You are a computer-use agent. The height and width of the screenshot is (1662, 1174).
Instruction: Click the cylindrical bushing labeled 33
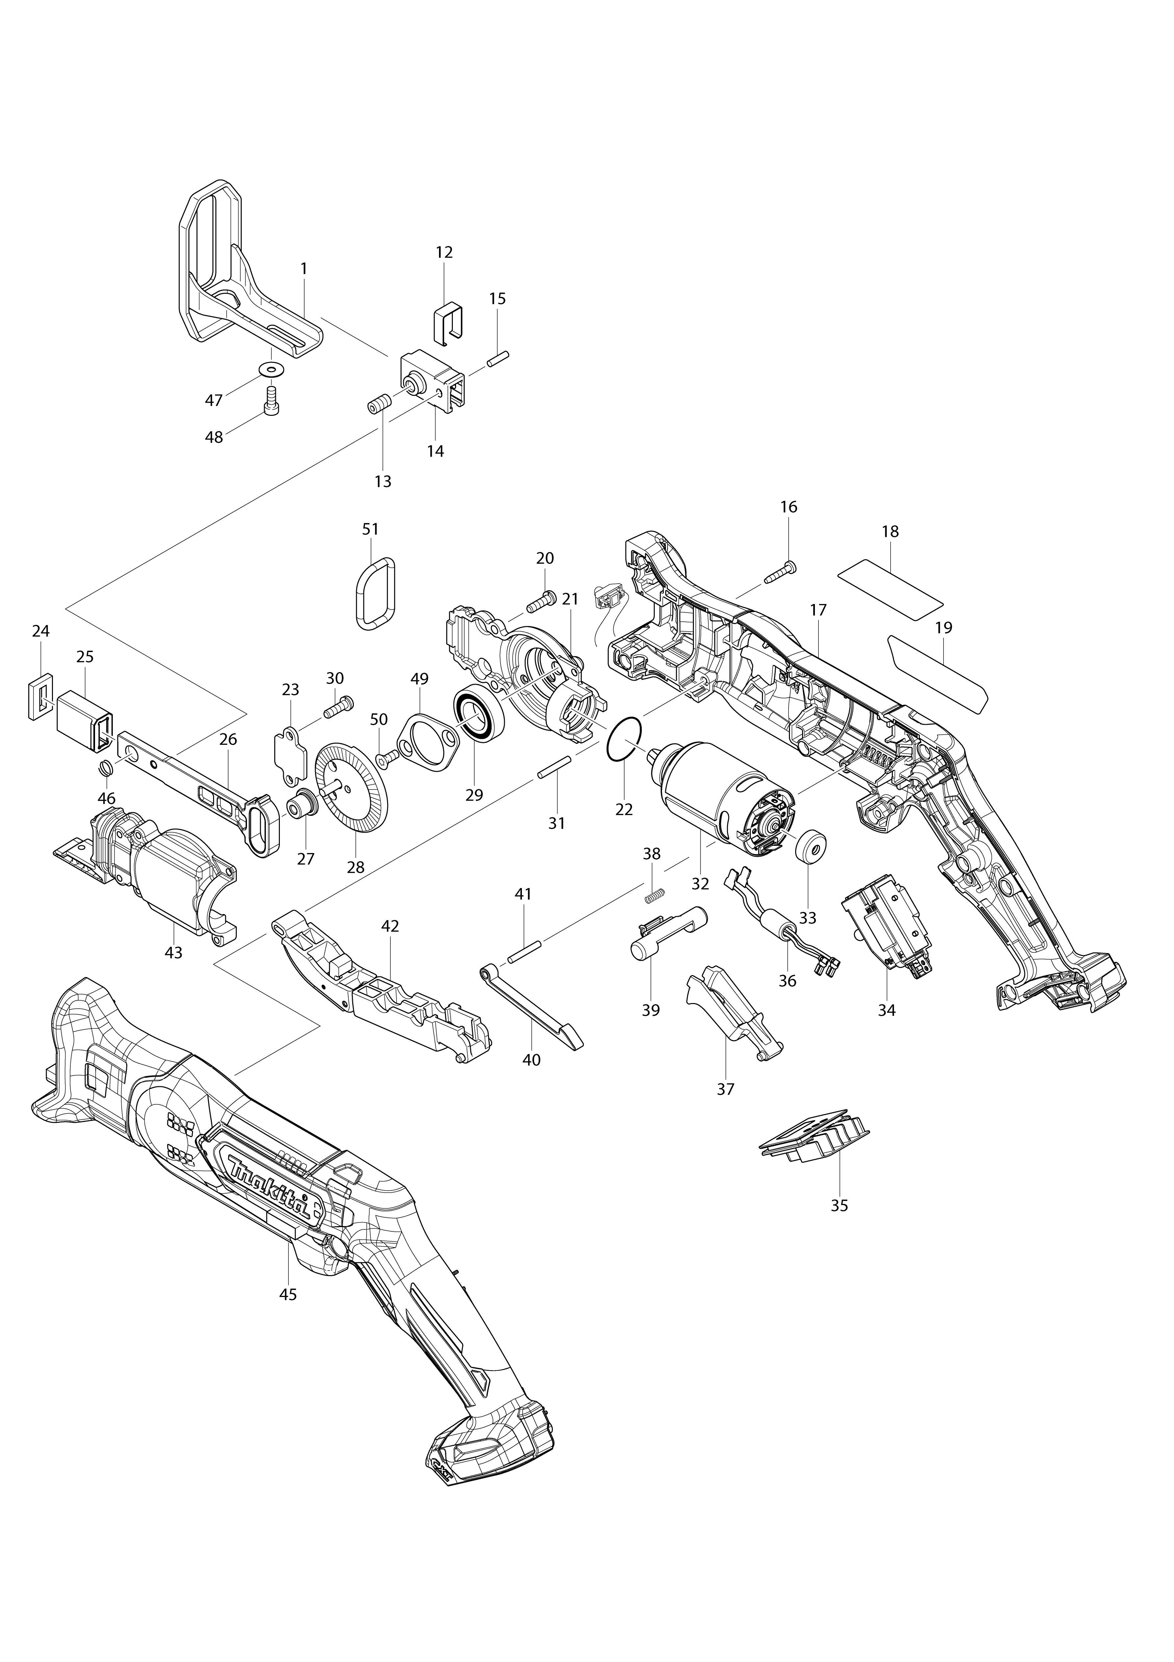click(x=811, y=847)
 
